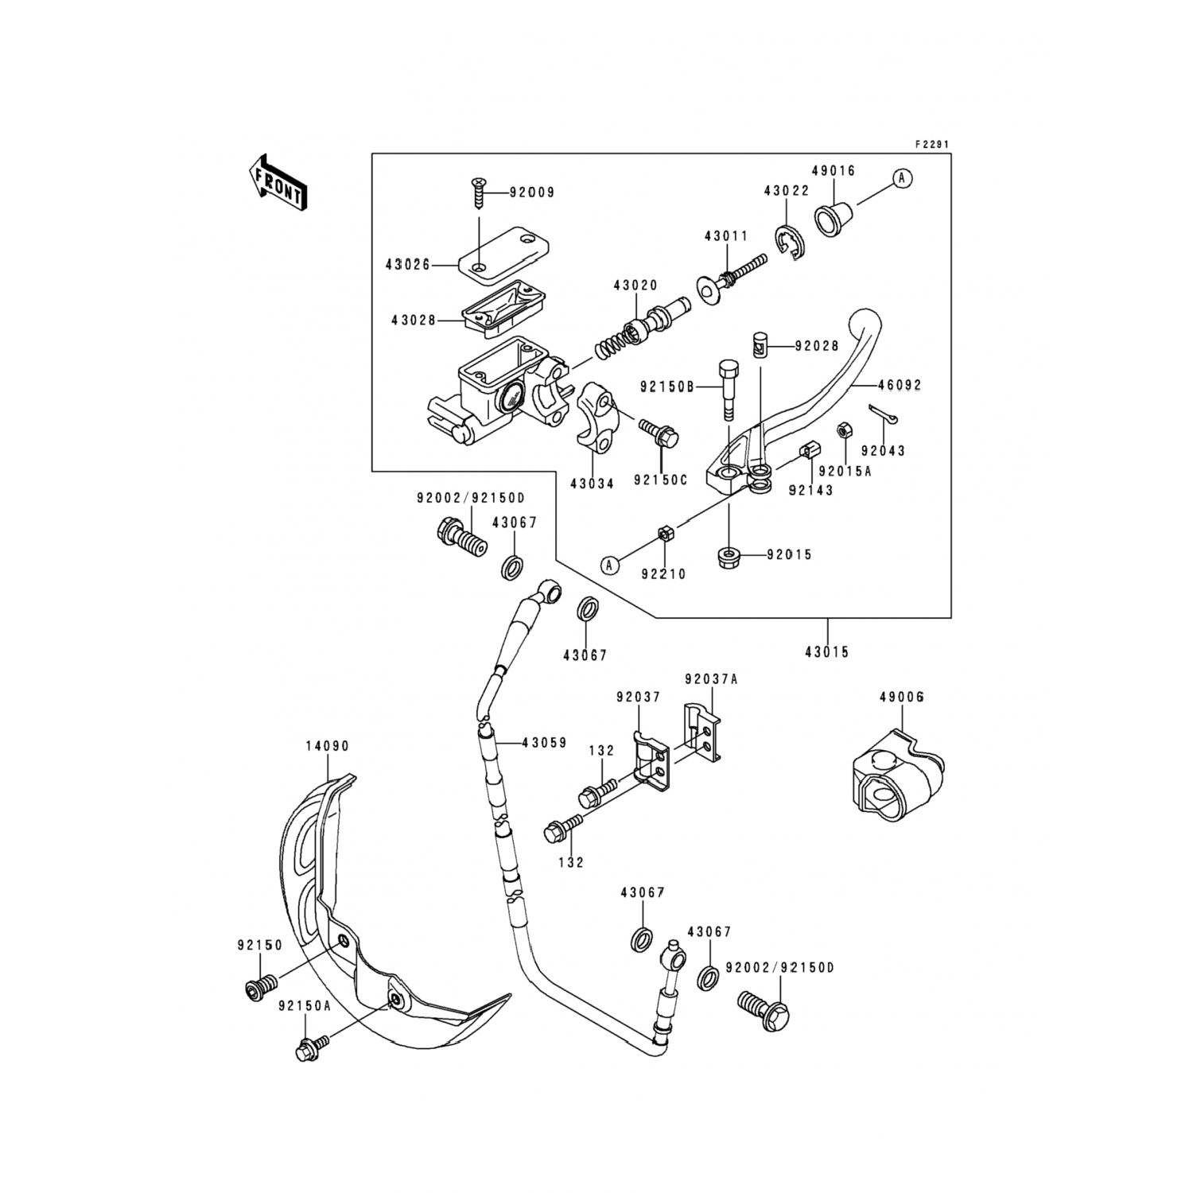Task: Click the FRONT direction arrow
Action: [x=278, y=182]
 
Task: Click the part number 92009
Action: [x=532, y=192]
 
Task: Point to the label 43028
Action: [x=414, y=321]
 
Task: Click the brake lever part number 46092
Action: [x=900, y=385]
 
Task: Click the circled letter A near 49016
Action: [x=902, y=178]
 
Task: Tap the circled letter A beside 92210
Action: [x=610, y=565]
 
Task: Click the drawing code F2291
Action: [x=932, y=145]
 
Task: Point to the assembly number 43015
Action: [x=827, y=652]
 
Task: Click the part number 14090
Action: [x=328, y=746]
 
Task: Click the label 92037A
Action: [x=711, y=679]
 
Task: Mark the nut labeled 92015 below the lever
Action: [x=729, y=556]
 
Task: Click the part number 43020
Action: [x=635, y=286]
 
